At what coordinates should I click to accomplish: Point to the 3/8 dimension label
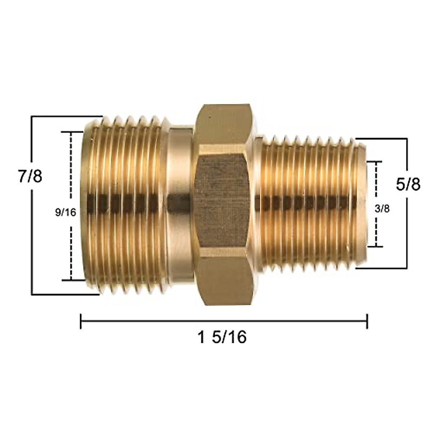click(383, 209)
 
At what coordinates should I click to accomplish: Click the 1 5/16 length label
click(222, 337)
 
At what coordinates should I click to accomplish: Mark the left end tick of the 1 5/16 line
click(81, 321)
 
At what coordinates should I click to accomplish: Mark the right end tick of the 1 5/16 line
click(367, 321)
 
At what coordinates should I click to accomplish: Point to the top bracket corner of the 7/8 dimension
click(33, 117)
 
